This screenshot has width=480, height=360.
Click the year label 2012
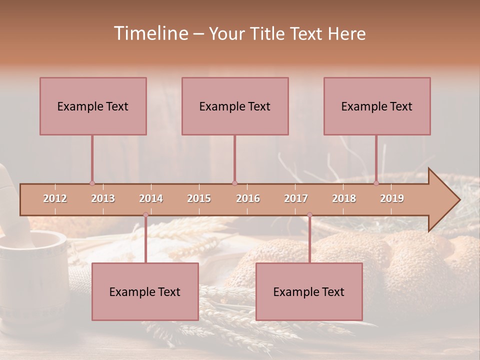tap(55, 198)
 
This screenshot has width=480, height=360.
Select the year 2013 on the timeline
tap(103, 198)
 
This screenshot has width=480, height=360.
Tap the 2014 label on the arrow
tap(151, 198)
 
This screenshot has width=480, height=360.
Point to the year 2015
tap(199, 198)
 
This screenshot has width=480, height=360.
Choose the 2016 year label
tap(248, 198)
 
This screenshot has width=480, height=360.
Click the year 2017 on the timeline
tap(296, 198)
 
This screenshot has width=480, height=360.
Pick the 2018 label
tap(344, 198)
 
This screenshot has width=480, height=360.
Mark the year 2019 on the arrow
tap(392, 198)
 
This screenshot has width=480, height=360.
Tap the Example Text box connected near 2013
tap(93, 106)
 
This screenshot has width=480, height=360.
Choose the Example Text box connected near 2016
tap(235, 106)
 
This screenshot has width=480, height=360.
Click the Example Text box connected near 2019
tap(377, 106)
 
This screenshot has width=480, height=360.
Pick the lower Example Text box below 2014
tap(145, 291)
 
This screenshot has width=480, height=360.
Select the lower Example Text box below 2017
tap(309, 291)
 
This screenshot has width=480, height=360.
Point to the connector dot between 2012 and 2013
tap(92, 183)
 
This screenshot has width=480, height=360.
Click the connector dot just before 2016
tap(234, 183)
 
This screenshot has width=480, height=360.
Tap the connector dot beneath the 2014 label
tap(145, 215)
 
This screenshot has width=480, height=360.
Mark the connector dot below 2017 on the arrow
tap(309, 215)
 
